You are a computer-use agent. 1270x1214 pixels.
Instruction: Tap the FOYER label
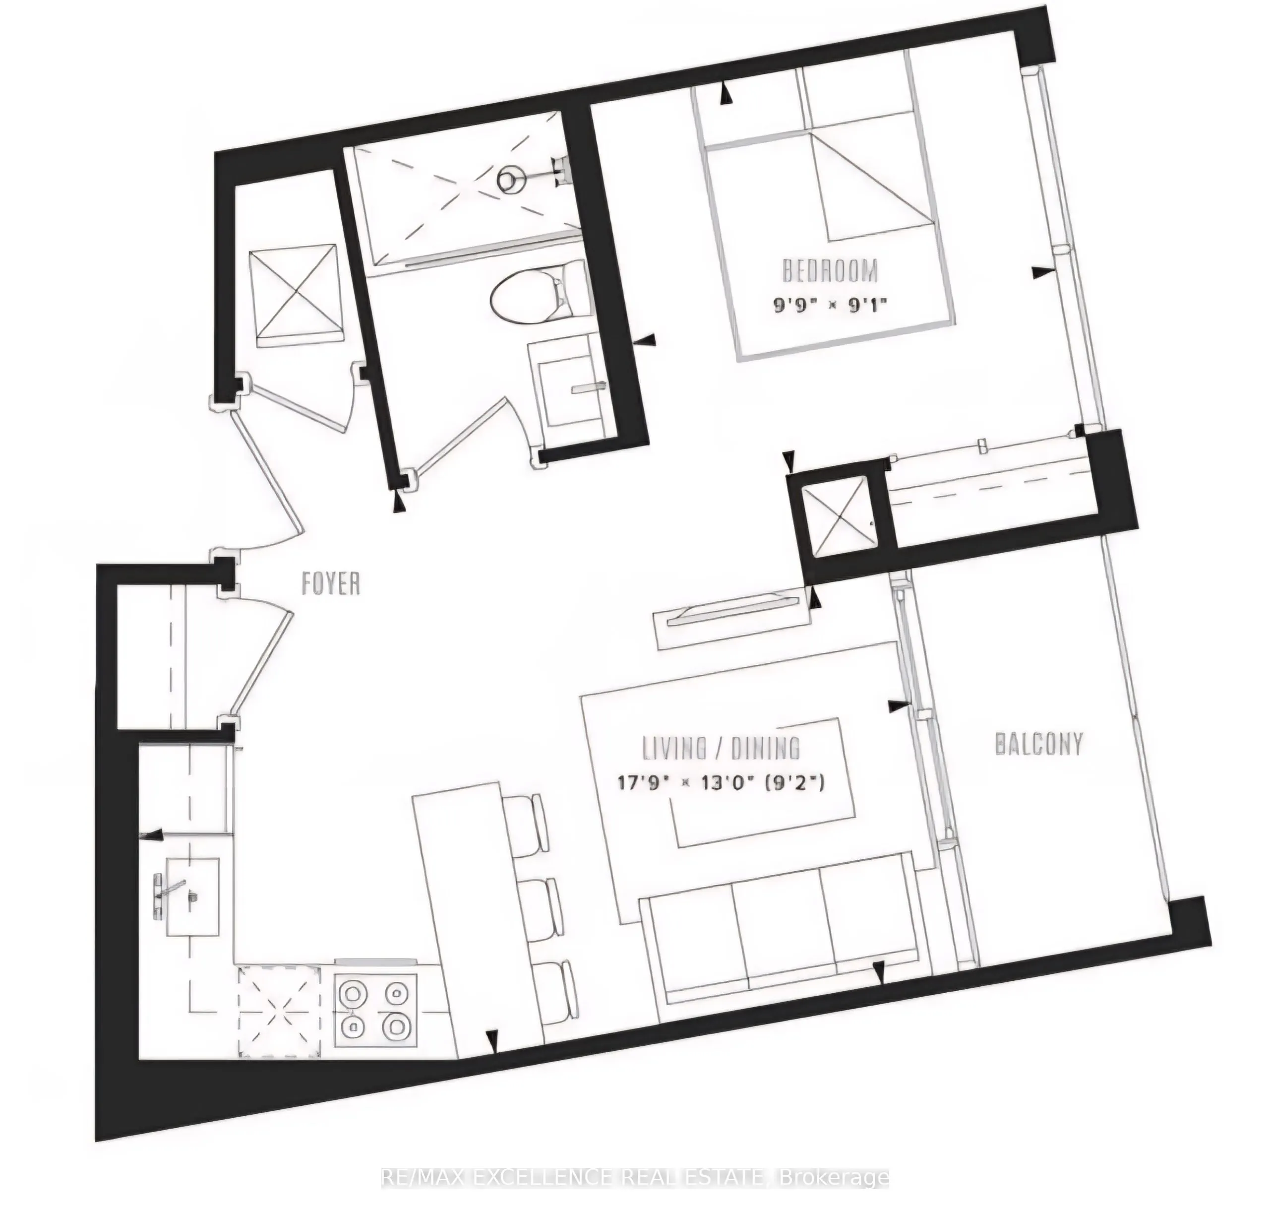331,584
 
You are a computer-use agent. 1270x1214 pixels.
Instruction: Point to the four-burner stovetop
373,1008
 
